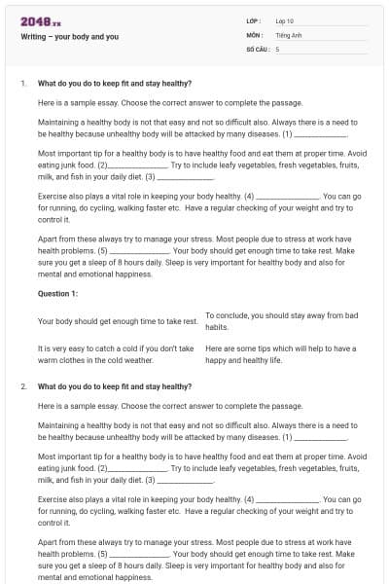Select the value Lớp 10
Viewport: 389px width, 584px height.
285,20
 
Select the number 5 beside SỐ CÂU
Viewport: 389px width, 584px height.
277,48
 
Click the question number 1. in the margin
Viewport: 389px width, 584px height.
23,84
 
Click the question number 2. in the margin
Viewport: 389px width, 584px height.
23,386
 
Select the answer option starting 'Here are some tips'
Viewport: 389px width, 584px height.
280,353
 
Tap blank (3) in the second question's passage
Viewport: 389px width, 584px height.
185,481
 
